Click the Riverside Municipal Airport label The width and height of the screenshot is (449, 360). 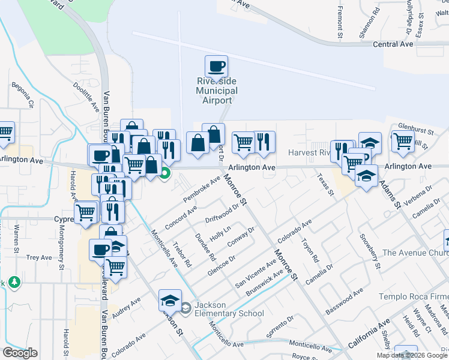tap(217, 91)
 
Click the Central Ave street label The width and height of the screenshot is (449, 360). tap(393, 44)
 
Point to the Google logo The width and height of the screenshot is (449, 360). tap(19, 353)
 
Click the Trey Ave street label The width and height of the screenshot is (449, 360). tap(39, 257)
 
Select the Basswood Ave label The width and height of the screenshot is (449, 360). tap(345, 302)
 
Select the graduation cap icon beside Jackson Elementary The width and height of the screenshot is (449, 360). tap(170, 299)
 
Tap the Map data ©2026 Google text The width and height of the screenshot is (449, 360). tap(412, 355)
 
